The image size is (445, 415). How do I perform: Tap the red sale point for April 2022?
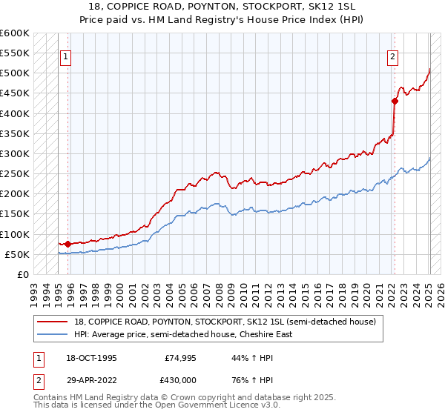(x=395, y=102)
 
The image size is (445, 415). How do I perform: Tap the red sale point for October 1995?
(x=67, y=244)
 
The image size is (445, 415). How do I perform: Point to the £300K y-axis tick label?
(x=15, y=153)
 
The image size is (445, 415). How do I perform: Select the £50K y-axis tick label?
(x=17, y=254)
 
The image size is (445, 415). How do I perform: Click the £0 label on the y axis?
(x=23, y=274)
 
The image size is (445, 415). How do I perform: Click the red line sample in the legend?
(x=53, y=322)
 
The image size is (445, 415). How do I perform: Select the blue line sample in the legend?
(x=53, y=334)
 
